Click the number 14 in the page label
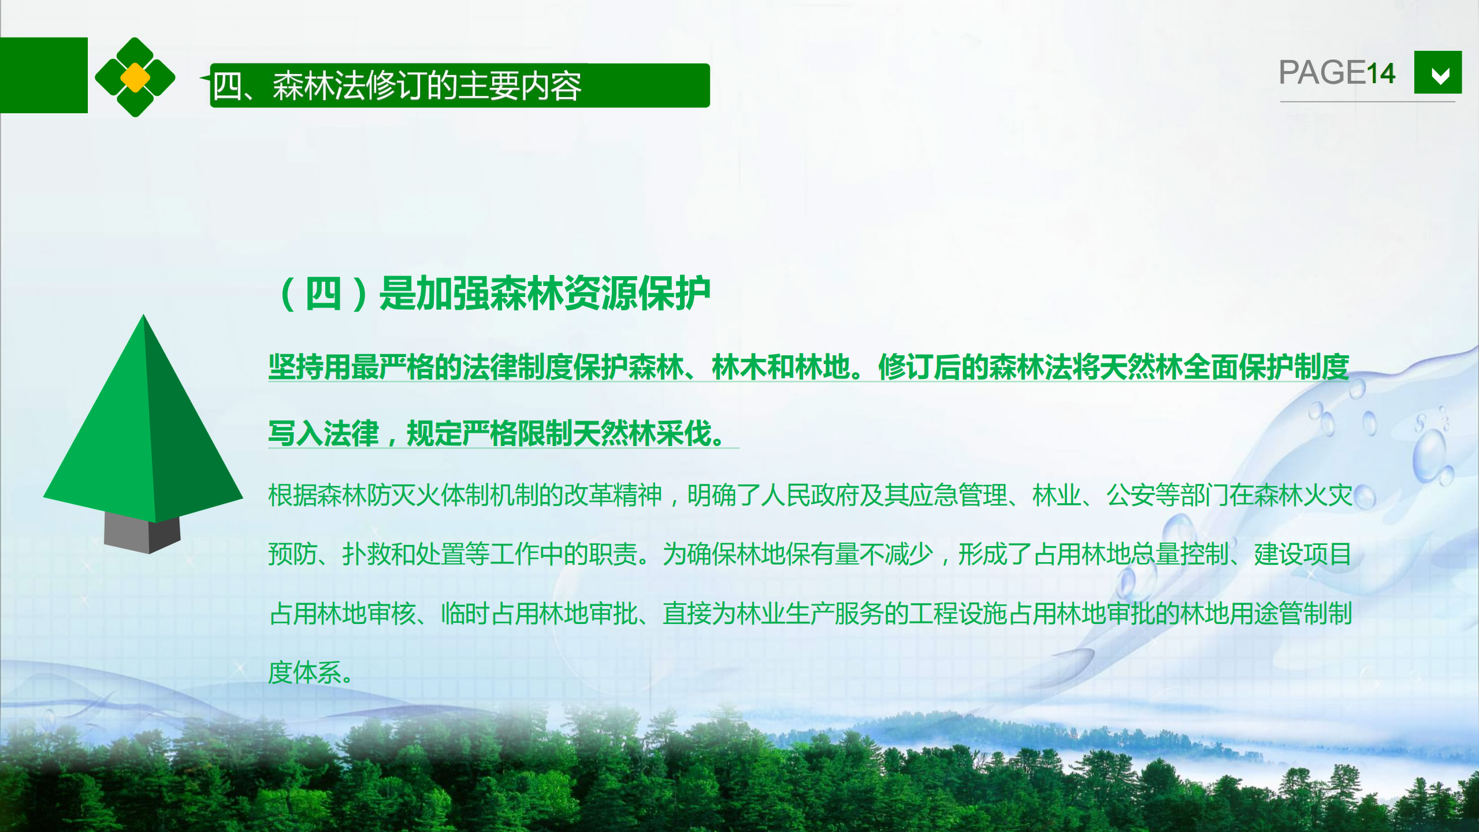click(x=1380, y=73)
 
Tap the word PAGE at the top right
click(x=1322, y=73)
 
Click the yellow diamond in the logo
click(x=135, y=77)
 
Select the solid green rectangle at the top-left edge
click(x=44, y=75)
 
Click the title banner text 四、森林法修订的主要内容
click(x=397, y=86)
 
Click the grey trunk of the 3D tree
click(x=142, y=532)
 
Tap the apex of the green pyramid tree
click(x=143, y=315)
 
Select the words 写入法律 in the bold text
click(x=324, y=433)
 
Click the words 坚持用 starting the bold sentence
click(x=310, y=367)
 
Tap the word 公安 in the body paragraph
click(x=1131, y=495)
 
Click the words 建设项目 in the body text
click(x=1303, y=554)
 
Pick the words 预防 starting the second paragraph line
click(x=293, y=554)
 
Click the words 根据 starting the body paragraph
click(x=293, y=495)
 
